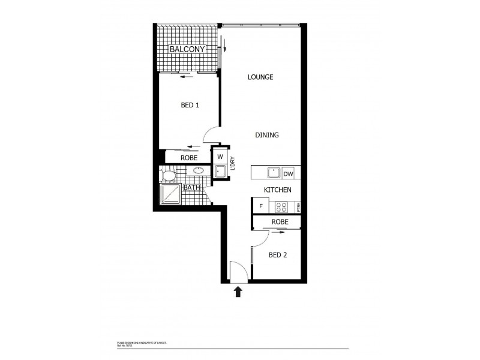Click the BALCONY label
(x=187, y=49)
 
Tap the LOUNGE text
(x=259, y=77)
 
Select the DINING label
(x=266, y=136)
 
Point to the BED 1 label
(x=190, y=105)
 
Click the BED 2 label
(x=277, y=255)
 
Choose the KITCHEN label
(x=278, y=190)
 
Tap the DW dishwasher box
(x=288, y=173)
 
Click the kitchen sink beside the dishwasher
(x=273, y=173)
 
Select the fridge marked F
(x=261, y=207)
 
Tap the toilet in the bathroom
(x=169, y=175)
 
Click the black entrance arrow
(x=238, y=292)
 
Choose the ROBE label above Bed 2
(x=279, y=222)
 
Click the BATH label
(x=191, y=188)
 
